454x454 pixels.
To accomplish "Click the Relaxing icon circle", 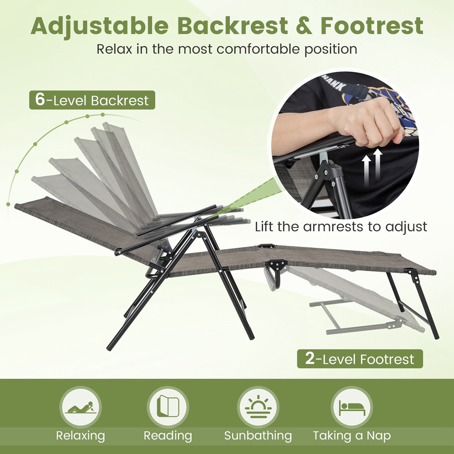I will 80,407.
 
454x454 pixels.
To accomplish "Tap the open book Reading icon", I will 168,407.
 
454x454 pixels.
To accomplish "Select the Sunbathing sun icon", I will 258,407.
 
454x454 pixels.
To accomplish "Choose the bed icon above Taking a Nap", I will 352,407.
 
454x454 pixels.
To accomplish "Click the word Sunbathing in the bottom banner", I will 258,436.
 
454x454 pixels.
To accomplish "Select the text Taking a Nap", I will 352,436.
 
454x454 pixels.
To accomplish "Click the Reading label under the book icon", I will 168,436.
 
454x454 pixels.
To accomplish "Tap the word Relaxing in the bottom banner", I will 80,436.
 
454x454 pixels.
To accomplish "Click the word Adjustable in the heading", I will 100,26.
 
